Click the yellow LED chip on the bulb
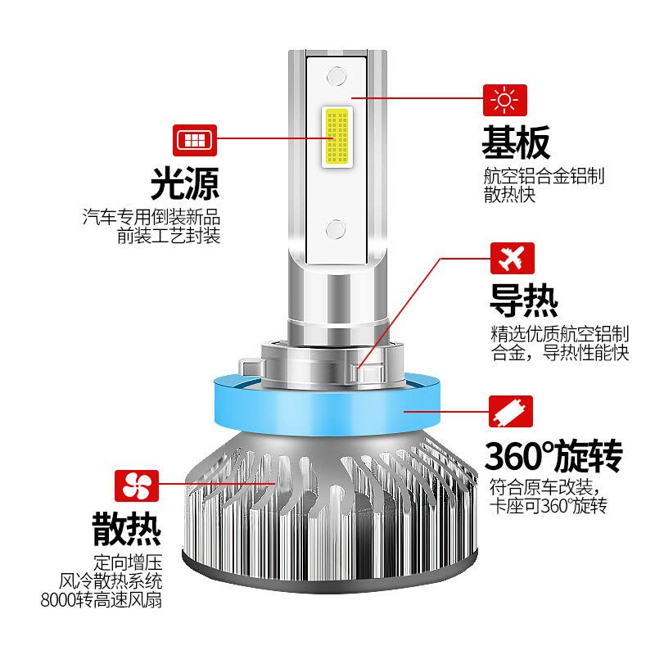coord(337,137)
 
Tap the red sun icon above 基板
coord(504,100)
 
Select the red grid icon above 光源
coord(195,140)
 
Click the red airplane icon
coord(513,258)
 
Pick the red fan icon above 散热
coord(137,486)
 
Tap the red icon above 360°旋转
coord(510,412)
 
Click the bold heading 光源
coord(185,183)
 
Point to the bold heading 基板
coord(516,142)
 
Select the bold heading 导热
coord(524,300)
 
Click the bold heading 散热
coord(127,528)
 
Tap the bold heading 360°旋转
coord(553,456)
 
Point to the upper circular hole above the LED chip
coord(337,76)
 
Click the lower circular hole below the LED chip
coord(336,229)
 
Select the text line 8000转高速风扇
coord(101,600)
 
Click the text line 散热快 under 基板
coord(509,194)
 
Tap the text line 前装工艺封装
coord(169,236)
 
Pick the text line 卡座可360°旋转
coord(548,506)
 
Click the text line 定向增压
coord(128,562)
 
